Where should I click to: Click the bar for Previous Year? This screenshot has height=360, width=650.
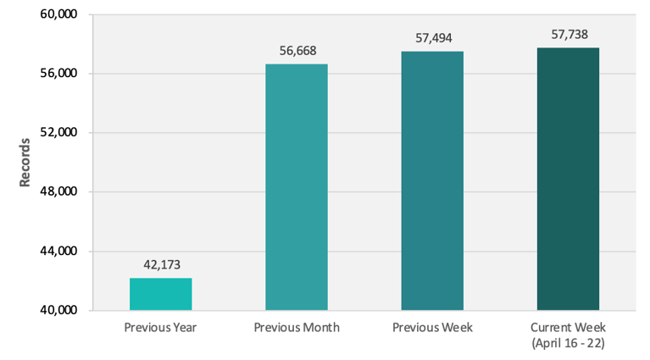(x=160, y=294)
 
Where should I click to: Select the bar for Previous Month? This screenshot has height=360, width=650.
(x=296, y=187)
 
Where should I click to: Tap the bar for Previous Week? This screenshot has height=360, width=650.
(x=432, y=181)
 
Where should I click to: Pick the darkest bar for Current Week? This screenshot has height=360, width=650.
(x=568, y=179)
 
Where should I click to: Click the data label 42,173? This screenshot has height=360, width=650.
(x=160, y=265)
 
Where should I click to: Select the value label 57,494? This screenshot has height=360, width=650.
(x=432, y=39)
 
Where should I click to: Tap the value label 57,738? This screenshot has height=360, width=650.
(x=568, y=35)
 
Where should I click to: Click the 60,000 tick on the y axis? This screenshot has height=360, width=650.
(x=58, y=14)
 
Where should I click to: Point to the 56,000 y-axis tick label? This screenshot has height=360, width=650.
(x=58, y=74)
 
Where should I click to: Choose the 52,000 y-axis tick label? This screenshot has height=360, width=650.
(x=58, y=133)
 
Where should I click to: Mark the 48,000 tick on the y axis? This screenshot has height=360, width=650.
(x=58, y=192)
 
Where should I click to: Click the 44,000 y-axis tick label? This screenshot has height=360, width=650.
(x=58, y=252)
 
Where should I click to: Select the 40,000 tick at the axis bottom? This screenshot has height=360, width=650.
(x=58, y=310)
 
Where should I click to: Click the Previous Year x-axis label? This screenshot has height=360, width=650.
(x=160, y=327)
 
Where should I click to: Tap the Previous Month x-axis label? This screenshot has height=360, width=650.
(x=296, y=327)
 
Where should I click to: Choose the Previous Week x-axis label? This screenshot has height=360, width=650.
(x=432, y=327)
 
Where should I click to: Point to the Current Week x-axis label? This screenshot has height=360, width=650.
(x=568, y=326)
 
